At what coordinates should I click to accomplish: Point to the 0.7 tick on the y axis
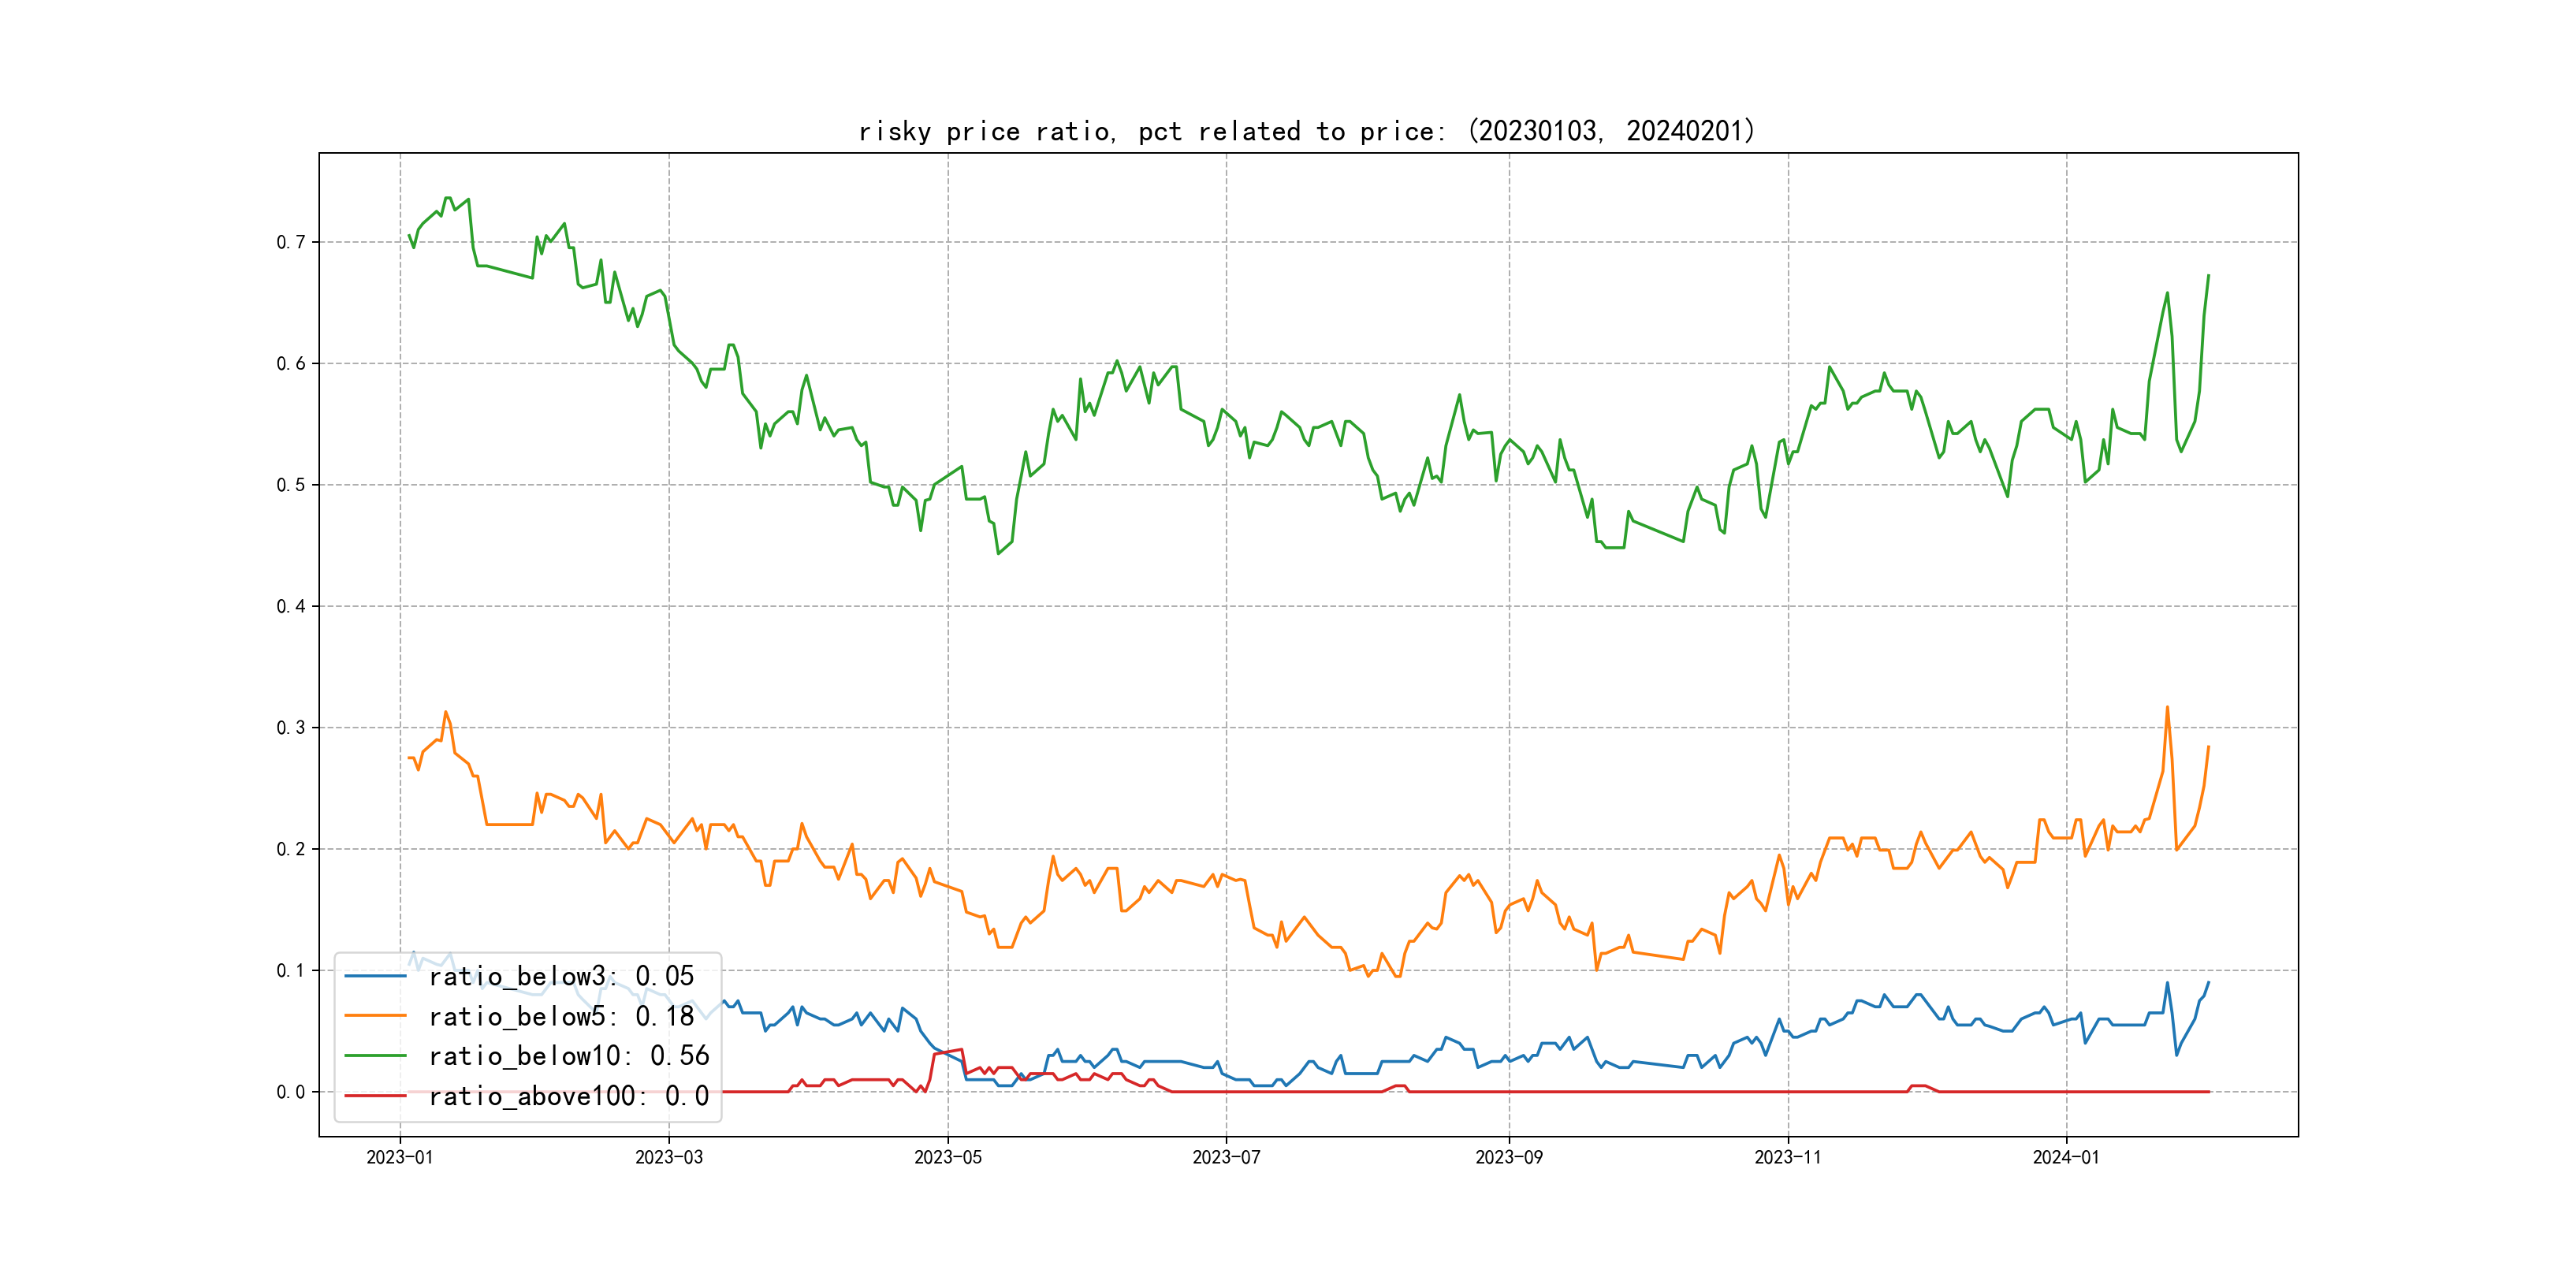click(x=291, y=242)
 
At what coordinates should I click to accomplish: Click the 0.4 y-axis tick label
click(x=291, y=605)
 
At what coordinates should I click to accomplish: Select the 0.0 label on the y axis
click(x=291, y=1092)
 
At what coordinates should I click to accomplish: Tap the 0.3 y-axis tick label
click(x=291, y=728)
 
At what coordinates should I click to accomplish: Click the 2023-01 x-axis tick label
click(x=400, y=1157)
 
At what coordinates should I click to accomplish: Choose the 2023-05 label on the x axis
click(x=948, y=1157)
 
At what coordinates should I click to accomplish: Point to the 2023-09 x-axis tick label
click(x=1509, y=1157)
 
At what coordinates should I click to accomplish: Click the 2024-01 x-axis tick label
click(x=2066, y=1157)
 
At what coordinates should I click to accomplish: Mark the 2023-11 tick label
click(x=1788, y=1157)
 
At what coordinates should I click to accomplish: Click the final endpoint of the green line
click(x=2209, y=276)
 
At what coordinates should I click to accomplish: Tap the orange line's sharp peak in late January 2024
click(x=2167, y=707)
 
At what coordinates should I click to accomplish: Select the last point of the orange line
click(x=2209, y=746)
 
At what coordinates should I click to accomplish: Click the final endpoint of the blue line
click(x=2209, y=982)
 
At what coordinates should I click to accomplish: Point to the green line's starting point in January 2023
click(x=408, y=235)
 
